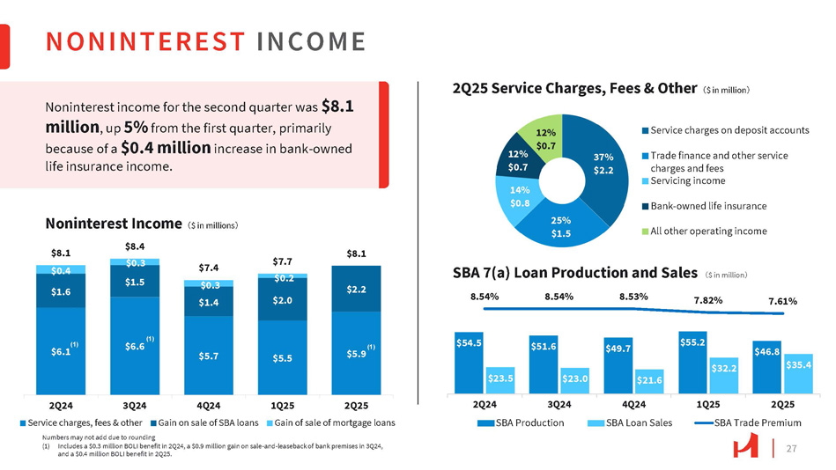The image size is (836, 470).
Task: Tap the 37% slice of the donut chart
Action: (604, 163)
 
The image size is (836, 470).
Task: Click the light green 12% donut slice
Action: (547, 136)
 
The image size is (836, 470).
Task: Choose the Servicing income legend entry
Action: (688, 180)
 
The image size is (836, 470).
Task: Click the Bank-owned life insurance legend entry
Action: (707, 206)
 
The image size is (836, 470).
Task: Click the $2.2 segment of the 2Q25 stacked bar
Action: (356, 288)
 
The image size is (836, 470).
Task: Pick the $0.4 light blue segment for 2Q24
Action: (60, 268)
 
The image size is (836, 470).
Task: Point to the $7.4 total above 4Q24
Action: (208, 267)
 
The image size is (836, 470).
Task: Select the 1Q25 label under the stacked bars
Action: (282, 406)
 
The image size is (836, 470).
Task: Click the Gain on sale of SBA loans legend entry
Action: (210, 422)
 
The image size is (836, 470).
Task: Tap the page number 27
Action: (790, 449)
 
